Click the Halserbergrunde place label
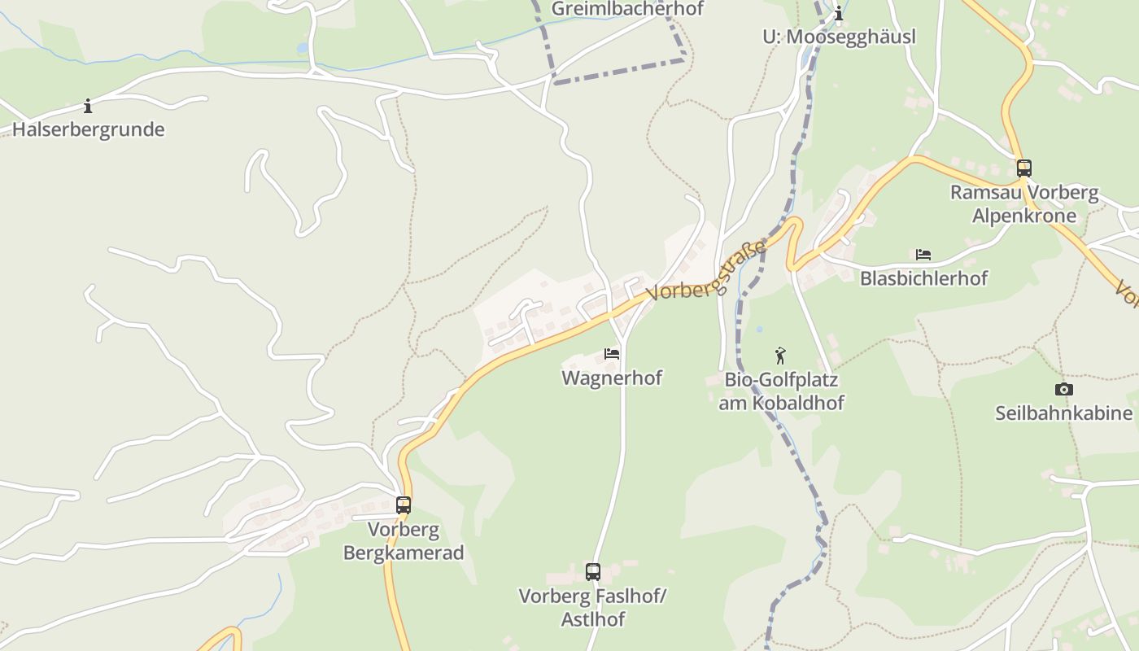click(x=88, y=129)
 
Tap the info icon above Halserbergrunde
click(x=88, y=106)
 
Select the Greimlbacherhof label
click(x=626, y=9)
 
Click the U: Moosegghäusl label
click(x=839, y=37)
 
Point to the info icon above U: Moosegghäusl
click(x=839, y=14)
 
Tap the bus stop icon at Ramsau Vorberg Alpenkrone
click(x=1024, y=168)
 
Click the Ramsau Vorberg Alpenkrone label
click(x=1024, y=204)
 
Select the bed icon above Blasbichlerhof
click(x=923, y=255)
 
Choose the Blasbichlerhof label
click(x=923, y=278)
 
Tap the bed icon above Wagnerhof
click(x=612, y=354)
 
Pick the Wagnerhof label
click(x=612, y=378)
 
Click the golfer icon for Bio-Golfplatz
click(x=781, y=356)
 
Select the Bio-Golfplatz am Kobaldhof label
click(x=781, y=391)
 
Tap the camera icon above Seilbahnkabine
click(x=1063, y=390)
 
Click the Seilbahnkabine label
click(x=1063, y=413)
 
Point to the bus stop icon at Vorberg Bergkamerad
click(x=404, y=505)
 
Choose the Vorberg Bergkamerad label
click(x=404, y=541)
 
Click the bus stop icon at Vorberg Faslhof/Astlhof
click(x=593, y=572)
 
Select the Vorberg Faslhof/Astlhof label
click(x=593, y=608)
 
